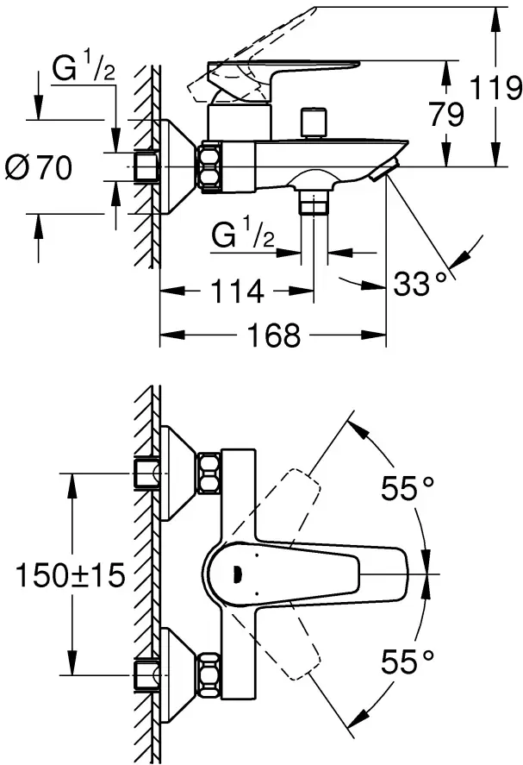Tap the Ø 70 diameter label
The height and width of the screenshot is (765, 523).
(40, 168)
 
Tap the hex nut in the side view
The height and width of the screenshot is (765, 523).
(210, 166)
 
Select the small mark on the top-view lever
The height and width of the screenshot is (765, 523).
(238, 570)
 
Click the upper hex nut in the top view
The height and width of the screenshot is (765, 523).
(209, 473)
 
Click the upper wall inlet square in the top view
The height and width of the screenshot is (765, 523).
(147, 473)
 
